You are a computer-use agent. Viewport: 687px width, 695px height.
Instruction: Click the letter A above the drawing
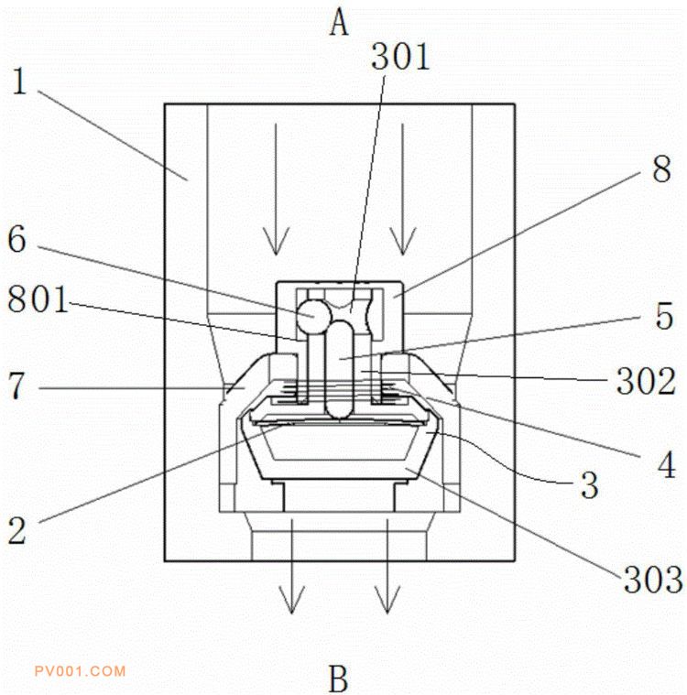(x=339, y=23)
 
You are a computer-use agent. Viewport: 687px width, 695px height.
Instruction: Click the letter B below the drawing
(x=338, y=679)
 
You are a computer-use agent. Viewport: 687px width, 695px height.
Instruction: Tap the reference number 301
(x=400, y=56)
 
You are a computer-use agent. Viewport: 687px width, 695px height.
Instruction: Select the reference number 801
(x=38, y=299)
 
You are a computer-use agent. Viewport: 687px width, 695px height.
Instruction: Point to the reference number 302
(x=646, y=381)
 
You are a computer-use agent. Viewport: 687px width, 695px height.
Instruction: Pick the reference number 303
(x=653, y=580)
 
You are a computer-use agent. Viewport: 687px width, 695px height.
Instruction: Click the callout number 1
(x=19, y=81)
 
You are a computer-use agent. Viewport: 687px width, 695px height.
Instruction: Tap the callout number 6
(x=16, y=239)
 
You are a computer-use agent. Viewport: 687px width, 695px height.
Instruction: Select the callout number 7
(x=16, y=386)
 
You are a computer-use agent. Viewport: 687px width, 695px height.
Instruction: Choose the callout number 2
(x=16, y=530)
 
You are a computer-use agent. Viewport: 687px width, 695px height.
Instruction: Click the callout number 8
(x=661, y=168)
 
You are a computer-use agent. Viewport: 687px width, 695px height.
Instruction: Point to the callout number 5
(x=664, y=316)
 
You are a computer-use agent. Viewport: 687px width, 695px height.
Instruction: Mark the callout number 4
(x=667, y=464)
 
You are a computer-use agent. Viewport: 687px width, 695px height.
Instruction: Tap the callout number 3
(x=590, y=485)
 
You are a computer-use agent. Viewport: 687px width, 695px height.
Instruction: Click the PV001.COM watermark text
(x=81, y=671)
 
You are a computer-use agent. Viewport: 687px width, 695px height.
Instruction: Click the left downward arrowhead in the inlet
(x=276, y=242)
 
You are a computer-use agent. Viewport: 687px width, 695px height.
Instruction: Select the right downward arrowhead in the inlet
(x=403, y=242)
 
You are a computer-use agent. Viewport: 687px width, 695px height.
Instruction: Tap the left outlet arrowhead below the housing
(x=291, y=600)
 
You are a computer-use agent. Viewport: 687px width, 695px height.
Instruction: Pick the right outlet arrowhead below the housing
(x=387, y=600)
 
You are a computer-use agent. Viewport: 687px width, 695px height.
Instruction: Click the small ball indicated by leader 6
(x=313, y=317)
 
